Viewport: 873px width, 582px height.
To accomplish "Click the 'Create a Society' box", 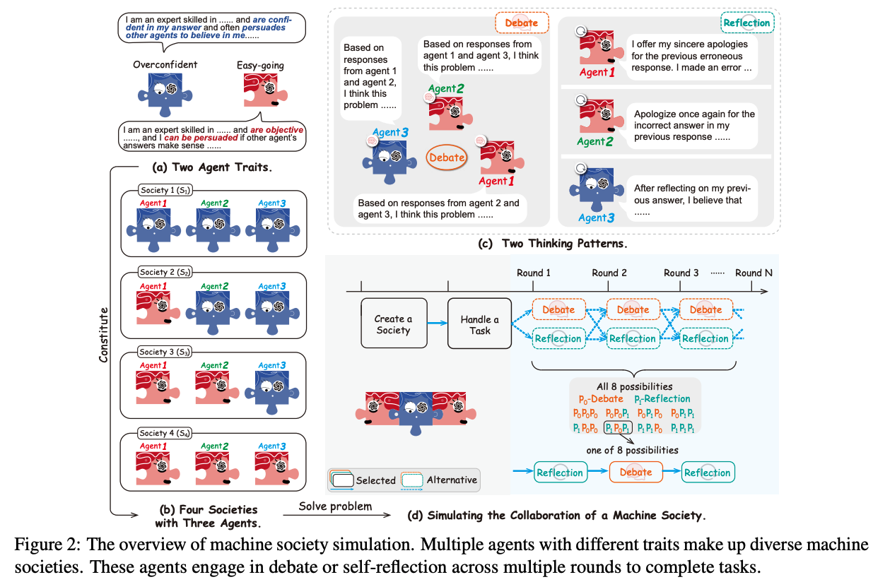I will click(393, 324).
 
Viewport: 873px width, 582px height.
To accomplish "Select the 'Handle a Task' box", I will click(479, 324).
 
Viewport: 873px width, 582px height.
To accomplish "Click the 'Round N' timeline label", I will click(754, 273).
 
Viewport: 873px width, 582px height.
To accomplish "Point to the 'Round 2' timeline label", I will click(609, 273).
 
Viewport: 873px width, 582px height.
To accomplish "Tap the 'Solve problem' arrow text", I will click(335, 506).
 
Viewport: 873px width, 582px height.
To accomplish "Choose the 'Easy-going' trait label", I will click(260, 65).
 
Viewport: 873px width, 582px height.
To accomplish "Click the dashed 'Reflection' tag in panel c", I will click(746, 23).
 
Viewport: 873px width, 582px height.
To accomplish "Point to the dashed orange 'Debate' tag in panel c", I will click(522, 23).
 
